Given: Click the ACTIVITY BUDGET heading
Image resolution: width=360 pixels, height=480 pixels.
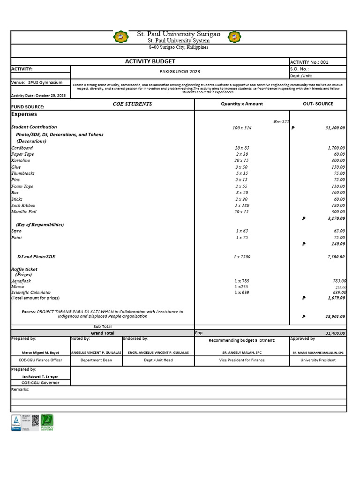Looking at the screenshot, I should pos(150,61).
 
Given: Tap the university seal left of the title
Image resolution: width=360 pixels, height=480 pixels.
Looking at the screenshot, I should pos(120,37).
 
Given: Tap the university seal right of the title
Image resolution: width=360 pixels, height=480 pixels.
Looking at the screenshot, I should pos(234,37).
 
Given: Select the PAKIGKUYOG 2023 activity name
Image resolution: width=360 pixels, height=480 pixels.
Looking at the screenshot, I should pos(180,71).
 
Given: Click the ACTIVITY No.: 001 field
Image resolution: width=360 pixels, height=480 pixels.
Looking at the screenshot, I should pos(309,62).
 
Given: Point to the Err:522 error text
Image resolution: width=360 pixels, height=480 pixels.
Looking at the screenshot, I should pos(281,121).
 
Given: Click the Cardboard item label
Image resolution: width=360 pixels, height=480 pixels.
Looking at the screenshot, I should pos(22,148).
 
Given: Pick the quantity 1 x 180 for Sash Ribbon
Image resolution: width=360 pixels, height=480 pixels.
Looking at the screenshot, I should pos(242,205).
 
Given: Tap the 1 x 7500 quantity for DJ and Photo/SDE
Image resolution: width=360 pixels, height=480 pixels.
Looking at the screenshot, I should pos(242,256).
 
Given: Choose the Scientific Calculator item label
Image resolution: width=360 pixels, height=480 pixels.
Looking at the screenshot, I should pos(31,292).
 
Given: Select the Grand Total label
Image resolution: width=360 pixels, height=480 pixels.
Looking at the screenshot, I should pos(103,333).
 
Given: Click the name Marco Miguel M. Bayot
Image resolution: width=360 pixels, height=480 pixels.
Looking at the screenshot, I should pos(40,352).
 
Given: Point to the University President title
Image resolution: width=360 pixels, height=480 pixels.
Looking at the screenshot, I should pos(318,360).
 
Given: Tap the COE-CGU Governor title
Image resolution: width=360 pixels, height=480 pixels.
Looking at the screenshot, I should pos(40,382).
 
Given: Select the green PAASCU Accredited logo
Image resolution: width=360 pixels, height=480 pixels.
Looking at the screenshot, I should pos(47,422).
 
